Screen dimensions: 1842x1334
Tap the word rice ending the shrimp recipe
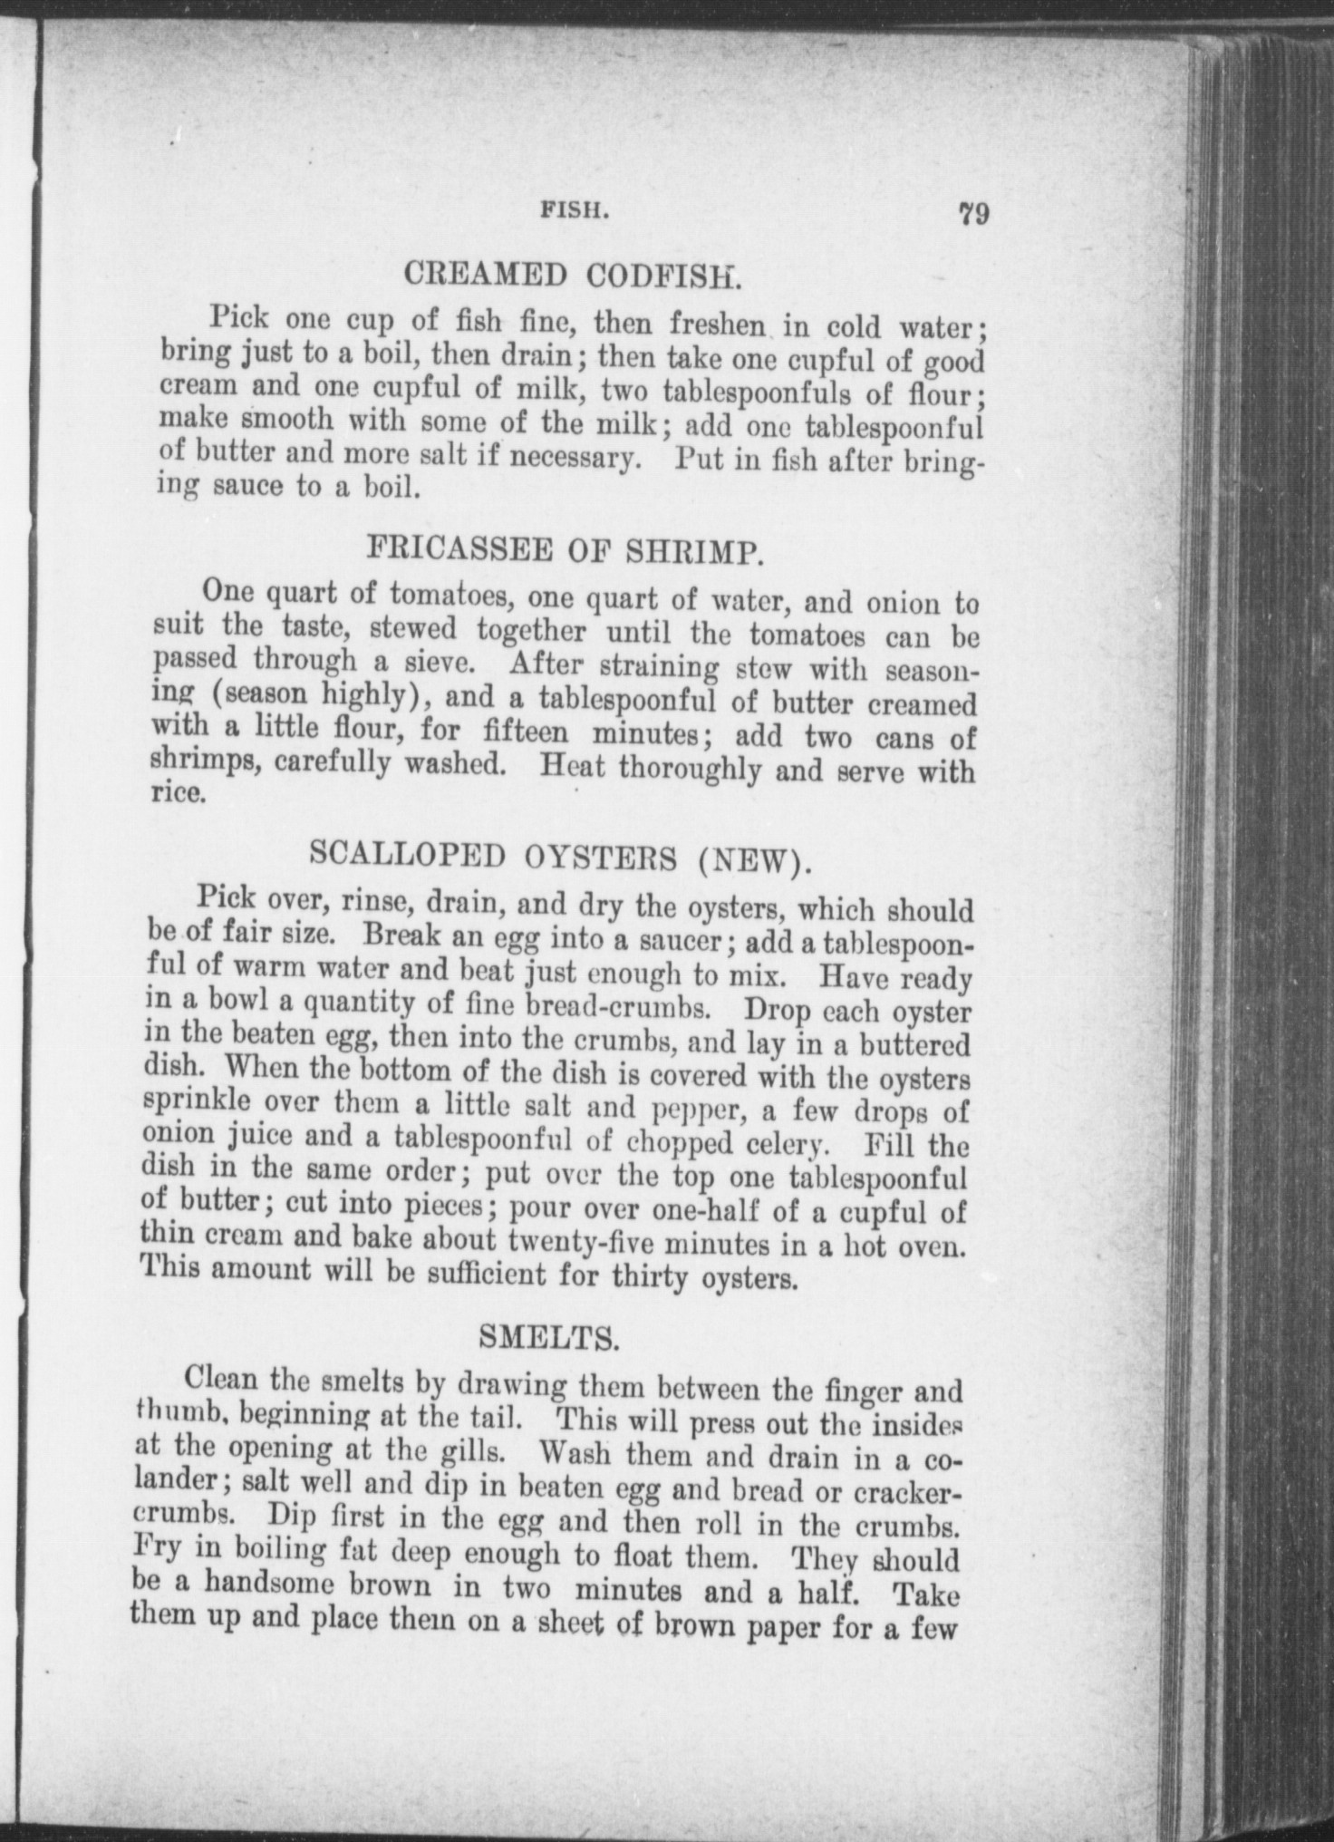[x=169, y=795]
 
